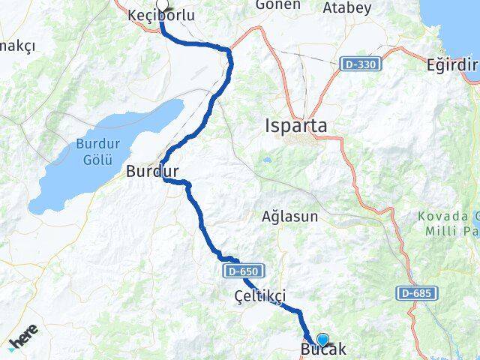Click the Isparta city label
click(296, 127)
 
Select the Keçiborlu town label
click(161, 16)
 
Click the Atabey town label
click(346, 8)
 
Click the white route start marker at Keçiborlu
click(161, 4)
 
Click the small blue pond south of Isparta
click(266, 160)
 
